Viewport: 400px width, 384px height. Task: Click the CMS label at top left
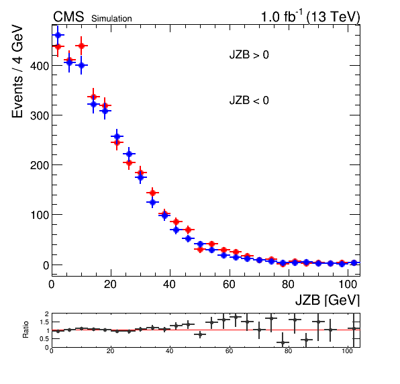point(68,17)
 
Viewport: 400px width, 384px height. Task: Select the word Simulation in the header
point(111,19)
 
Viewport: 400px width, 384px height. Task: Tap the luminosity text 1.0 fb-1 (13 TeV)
point(310,17)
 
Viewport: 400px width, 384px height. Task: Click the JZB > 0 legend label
point(249,54)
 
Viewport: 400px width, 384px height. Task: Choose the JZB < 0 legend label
point(249,100)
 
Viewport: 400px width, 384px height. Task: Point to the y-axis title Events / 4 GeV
point(17,71)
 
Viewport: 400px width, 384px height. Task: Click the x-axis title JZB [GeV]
point(328,299)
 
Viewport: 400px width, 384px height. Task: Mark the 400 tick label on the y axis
point(40,66)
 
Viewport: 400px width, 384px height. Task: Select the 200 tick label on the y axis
point(40,165)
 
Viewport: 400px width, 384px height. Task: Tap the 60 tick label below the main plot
point(229,284)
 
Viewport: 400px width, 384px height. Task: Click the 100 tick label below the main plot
point(347,284)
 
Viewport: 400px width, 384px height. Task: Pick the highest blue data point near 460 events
point(58,35)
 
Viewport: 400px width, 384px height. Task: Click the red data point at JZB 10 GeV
point(81,46)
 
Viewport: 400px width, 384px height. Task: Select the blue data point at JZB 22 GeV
point(117,136)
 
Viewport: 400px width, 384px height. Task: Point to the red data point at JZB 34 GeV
point(152,193)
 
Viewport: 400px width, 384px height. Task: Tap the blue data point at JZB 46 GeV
point(189,238)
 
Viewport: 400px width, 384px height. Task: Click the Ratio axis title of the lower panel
point(26,330)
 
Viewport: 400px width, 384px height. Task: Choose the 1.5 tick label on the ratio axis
point(44,322)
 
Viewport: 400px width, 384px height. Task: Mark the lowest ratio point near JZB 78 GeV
point(283,342)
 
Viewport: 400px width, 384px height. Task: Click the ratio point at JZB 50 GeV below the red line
point(200,334)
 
